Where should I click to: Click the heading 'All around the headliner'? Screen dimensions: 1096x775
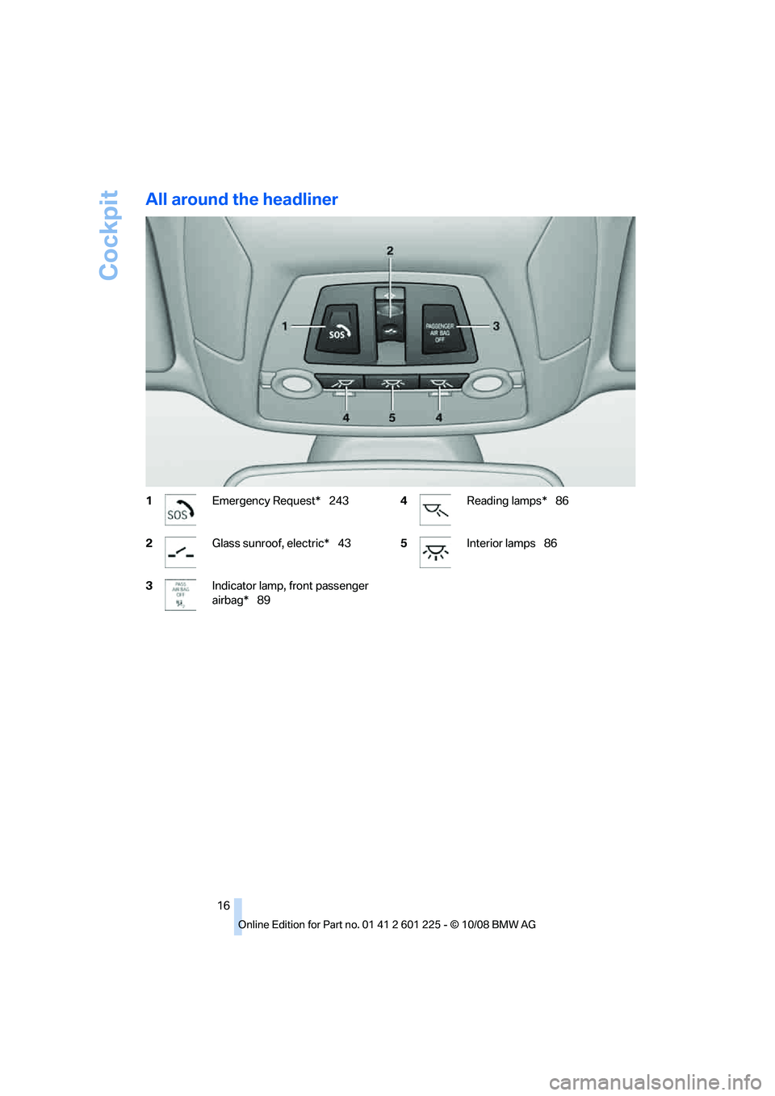(x=241, y=199)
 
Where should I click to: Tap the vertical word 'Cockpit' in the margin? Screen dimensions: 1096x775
(x=109, y=235)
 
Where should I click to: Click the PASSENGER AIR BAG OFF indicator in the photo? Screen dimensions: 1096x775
(x=441, y=331)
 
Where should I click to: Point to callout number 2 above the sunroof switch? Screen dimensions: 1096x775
(x=390, y=251)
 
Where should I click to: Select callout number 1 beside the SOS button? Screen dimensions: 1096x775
(x=285, y=326)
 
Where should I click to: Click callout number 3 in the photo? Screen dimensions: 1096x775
(x=496, y=326)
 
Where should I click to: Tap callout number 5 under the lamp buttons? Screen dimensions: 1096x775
(x=392, y=418)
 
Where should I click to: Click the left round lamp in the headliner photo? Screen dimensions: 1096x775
(x=296, y=383)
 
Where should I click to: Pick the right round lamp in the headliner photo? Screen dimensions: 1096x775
(x=488, y=383)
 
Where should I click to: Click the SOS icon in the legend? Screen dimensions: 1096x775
(x=180, y=510)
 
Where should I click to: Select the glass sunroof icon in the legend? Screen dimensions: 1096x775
(x=180, y=553)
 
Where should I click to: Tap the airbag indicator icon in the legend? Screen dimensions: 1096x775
(x=180, y=595)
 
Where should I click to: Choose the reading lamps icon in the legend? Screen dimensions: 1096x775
(x=435, y=510)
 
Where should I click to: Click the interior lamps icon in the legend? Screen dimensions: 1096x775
(x=435, y=553)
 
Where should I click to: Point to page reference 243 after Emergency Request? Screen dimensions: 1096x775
(x=339, y=501)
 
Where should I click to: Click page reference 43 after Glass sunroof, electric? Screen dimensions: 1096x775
(x=345, y=544)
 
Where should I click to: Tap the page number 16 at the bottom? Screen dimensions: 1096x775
(x=224, y=906)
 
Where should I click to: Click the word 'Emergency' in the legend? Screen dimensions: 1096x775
(x=240, y=501)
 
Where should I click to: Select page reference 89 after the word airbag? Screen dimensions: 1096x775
(x=264, y=600)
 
